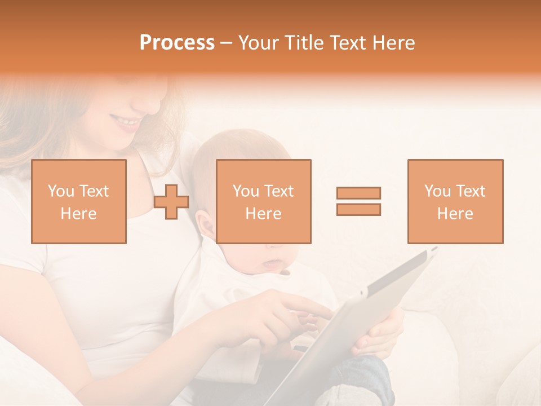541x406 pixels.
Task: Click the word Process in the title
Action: [177, 43]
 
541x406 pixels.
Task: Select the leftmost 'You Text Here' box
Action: [79, 201]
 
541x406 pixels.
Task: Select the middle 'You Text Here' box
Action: [264, 201]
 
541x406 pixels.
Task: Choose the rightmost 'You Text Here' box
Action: [455, 201]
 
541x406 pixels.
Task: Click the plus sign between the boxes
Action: [171, 202]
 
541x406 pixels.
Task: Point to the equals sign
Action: [358, 201]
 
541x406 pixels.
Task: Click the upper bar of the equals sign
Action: [358, 193]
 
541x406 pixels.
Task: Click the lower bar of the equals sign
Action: [358, 210]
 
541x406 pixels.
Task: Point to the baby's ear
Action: [207, 226]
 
